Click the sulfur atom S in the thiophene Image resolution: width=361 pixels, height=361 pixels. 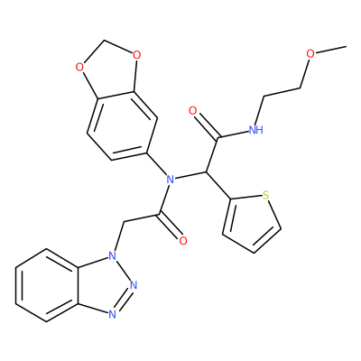pyautogui.click(x=265, y=195)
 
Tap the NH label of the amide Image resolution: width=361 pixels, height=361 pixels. pyautogui.click(x=256, y=130)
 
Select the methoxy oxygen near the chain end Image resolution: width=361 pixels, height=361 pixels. pyautogui.click(x=310, y=54)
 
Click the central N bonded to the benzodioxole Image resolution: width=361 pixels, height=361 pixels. pyautogui.click(x=171, y=180)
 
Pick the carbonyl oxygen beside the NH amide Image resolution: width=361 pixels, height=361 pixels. pyautogui.click(x=193, y=111)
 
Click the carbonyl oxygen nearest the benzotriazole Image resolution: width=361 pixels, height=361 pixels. pyautogui.click(x=182, y=241)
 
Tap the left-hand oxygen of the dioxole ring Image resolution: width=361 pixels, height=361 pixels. pyautogui.click(x=79, y=67)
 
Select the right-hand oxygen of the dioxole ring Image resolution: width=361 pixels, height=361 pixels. pyautogui.click(x=136, y=55)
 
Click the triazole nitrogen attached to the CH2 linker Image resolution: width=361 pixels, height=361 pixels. pyautogui.click(x=112, y=256)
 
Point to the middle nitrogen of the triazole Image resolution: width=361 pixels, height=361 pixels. pyautogui.click(x=134, y=284)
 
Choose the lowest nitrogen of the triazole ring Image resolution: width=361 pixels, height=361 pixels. pyautogui.click(x=112, y=314)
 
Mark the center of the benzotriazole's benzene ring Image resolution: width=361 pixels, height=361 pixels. pyautogui.click(x=47, y=285)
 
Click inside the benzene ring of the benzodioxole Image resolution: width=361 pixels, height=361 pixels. pyautogui.click(x=122, y=125)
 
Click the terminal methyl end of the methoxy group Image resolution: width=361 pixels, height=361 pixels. pyautogui.click(x=347, y=47)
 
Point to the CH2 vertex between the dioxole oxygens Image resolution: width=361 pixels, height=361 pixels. pyautogui.click(x=104, y=40)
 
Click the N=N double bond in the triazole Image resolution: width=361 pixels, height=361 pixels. pyautogui.click(x=123, y=300)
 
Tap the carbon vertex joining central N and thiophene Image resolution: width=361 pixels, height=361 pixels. pyautogui.click(x=207, y=172)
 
